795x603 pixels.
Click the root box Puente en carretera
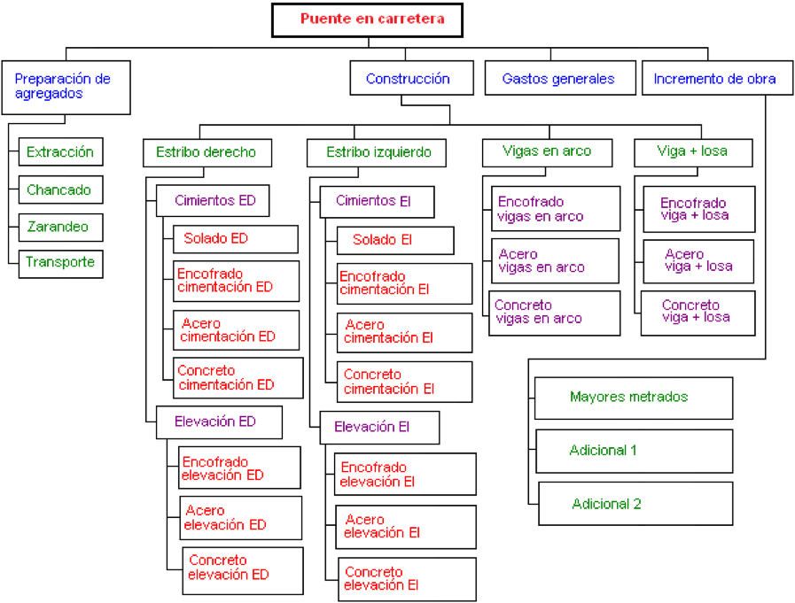[x=367, y=20]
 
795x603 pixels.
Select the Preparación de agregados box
[x=66, y=88]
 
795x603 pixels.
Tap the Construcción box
[x=412, y=78]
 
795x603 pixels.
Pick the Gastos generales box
[x=560, y=78]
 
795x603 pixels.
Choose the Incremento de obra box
[x=717, y=78]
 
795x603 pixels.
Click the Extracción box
[x=61, y=151]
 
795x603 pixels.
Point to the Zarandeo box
[x=61, y=227]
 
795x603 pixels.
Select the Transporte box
[x=61, y=264]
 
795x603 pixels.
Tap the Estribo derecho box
[x=207, y=152]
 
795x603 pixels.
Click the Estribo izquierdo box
[x=377, y=152]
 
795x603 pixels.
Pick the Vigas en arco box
[x=547, y=152]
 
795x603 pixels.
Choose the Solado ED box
[x=236, y=239]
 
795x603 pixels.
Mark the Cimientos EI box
[x=377, y=202]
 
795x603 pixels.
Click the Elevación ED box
[x=219, y=422]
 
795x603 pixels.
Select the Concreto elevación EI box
[x=407, y=579]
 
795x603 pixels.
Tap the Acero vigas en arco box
[x=555, y=261]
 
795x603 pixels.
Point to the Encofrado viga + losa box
[x=699, y=209]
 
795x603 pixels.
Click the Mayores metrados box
[x=634, y=398]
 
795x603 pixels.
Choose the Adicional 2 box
[x=635, y=504]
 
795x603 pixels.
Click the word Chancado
[x=58, y=190]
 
